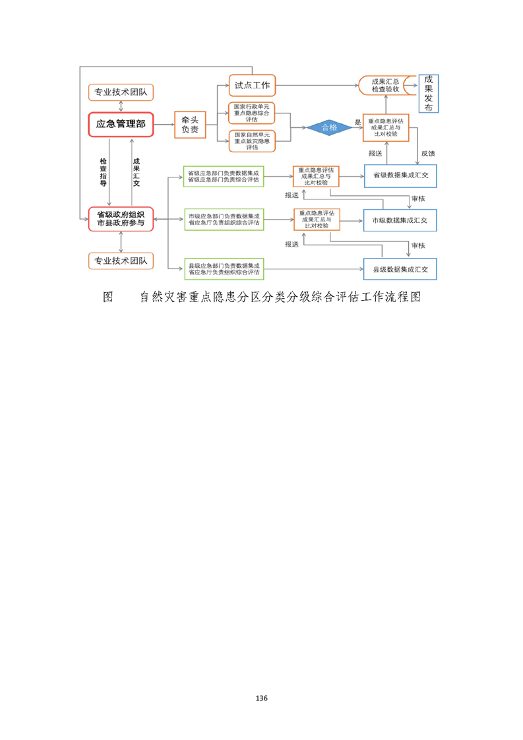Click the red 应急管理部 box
(121, 124)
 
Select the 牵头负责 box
(190, 125)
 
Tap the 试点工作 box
(252, 85)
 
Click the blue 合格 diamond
(329, 127)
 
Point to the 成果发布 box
(429, 93)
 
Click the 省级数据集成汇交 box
(400, 175)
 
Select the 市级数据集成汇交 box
(400, 220)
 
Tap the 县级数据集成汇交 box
(400, 269)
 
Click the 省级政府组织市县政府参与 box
(121, 218)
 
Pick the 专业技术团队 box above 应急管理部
(121, 92)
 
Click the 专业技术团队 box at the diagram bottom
(121, 261)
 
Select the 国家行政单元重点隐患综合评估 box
(251, 113)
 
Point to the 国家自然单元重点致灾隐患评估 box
(251, 140)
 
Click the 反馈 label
(427, 153)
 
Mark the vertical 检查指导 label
(103, 173)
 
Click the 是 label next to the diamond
(357, 122)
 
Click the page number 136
(261, 698)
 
